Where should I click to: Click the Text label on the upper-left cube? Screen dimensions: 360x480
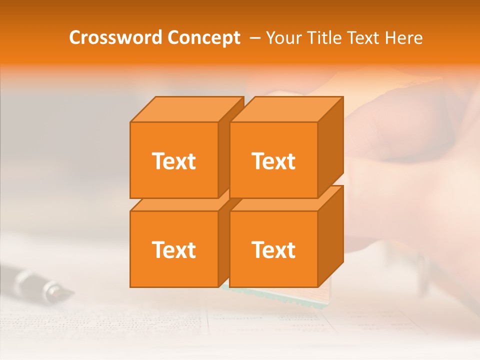coord(173,161)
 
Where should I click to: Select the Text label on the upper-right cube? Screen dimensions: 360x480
coord(273,161)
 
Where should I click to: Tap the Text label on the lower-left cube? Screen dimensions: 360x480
coord(173,249)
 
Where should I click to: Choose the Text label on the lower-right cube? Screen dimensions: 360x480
coord(273,249)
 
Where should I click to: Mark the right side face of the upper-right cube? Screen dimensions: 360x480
coord(330,147)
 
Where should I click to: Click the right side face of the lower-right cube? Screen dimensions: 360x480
coord(330,236)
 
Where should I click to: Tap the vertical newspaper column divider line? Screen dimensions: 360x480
coord(206,325)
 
